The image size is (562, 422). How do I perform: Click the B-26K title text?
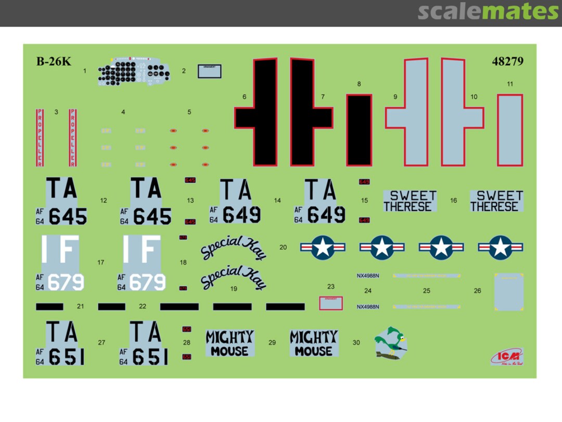point(54,61)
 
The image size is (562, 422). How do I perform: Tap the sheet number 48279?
point(507,61)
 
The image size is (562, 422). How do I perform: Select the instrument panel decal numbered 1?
point(134,73)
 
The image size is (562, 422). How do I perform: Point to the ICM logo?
point(506,356)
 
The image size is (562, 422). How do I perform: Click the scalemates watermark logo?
point(488,11)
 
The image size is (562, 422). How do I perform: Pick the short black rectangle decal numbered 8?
point(359,130)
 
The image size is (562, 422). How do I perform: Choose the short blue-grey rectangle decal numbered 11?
point(509,130)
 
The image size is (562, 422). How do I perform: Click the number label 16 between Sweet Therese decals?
point(454,201)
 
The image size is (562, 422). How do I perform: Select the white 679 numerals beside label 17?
point(66,282)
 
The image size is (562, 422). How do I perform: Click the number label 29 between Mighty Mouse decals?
point(272,342)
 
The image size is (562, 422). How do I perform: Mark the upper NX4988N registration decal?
point(368,275)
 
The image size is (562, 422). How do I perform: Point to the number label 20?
point(283,247)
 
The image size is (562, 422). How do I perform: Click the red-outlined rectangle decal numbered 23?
point(331,303)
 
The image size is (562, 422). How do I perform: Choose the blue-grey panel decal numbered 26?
point(508,292)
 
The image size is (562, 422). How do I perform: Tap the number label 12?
point(104,201)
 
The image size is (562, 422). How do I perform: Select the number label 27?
point(101,342)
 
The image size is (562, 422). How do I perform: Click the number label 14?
point(277,201)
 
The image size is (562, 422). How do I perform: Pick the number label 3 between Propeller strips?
point(56,112)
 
